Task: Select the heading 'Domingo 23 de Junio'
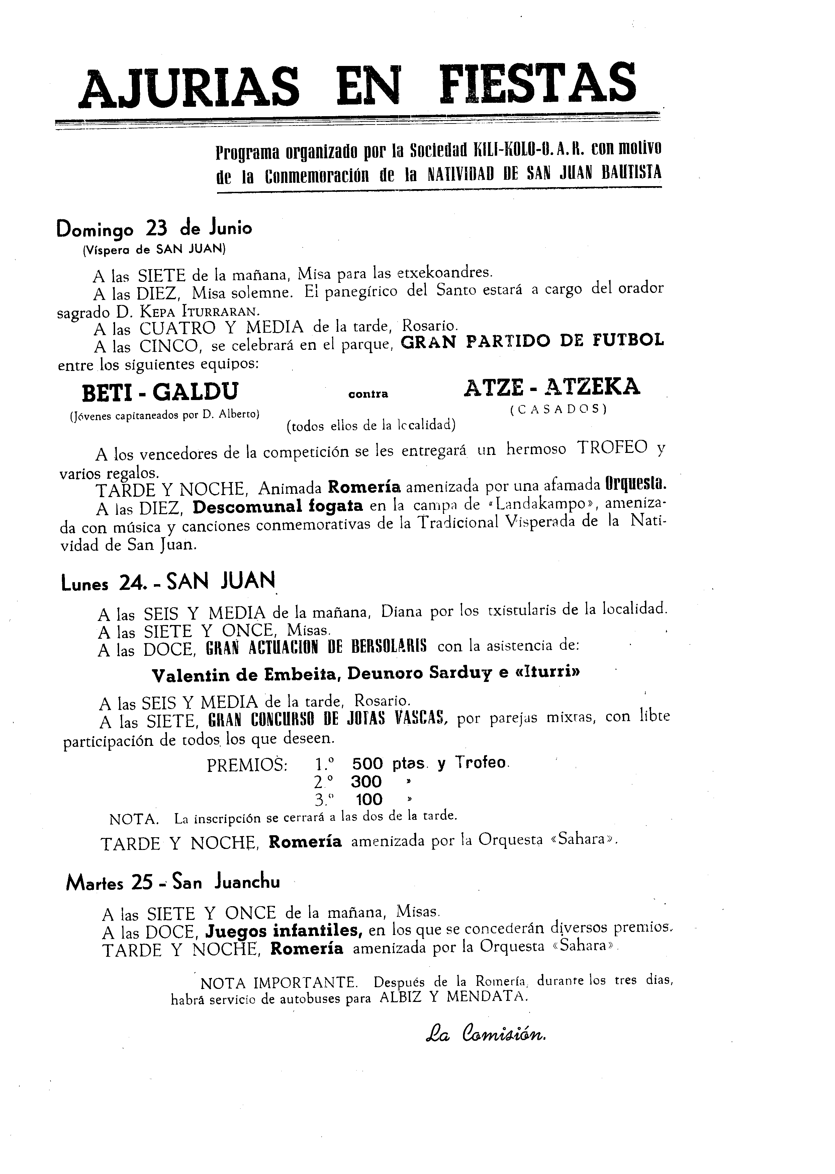154,228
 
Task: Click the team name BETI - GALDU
161,392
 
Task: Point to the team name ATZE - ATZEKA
552,387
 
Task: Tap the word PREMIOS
247,766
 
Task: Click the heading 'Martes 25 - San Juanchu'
173,883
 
